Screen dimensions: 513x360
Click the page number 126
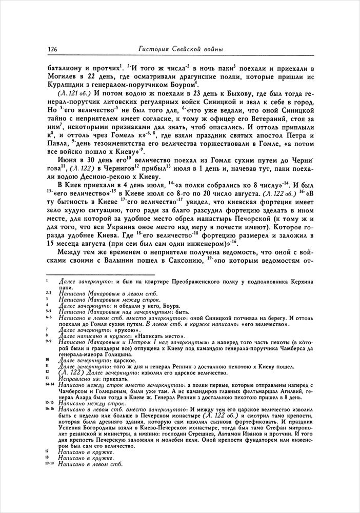[51, 49]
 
